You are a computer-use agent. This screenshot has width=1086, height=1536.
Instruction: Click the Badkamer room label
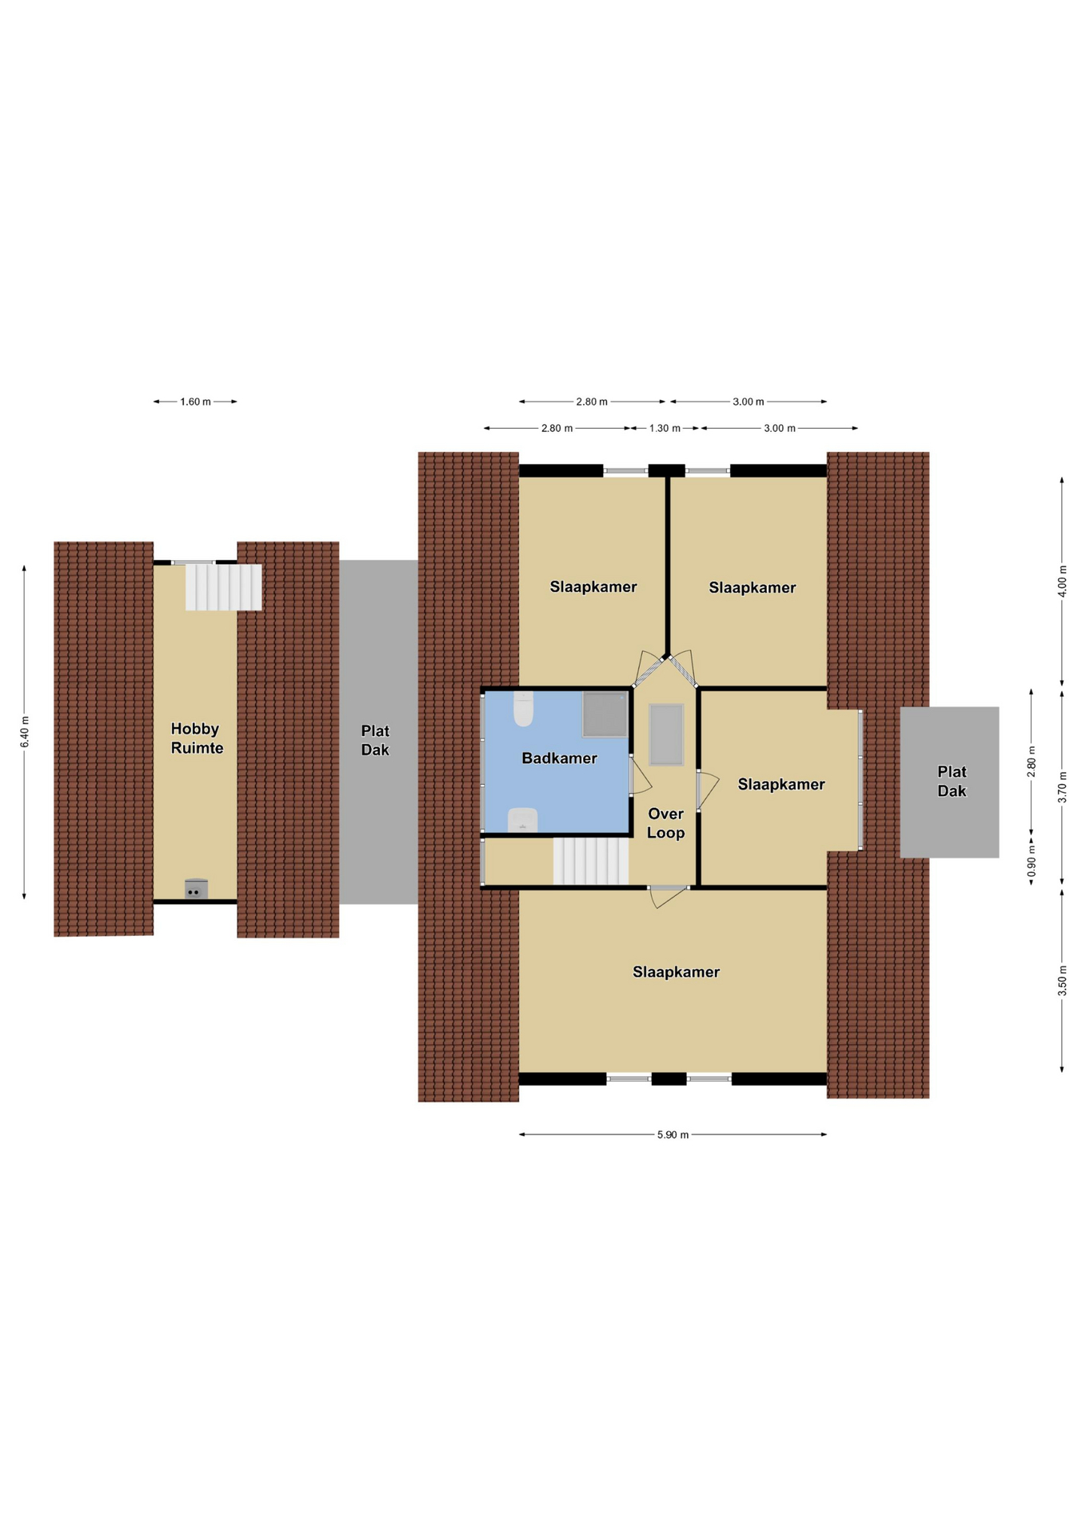pyautogui.click(x=559, y=758)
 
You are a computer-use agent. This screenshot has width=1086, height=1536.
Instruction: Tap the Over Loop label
pyautogui.click(x=665, y=823)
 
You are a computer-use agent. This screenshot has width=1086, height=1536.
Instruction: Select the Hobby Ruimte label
pyautogui.click(x=197, y=738)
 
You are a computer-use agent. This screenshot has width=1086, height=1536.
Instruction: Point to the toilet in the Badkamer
pyautogui.click(x=523, y=709)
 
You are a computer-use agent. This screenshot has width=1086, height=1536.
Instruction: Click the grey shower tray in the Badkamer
pyautogui.click(x=605, y=714)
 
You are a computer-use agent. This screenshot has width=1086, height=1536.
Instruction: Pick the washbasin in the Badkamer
pyautogui.click(x=522, y=820)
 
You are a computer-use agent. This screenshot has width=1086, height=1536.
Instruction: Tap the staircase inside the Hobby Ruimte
pyautogui.click(x=223, y=587)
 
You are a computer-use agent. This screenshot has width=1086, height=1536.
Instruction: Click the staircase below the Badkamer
pyautogui.click(x=591, y=861)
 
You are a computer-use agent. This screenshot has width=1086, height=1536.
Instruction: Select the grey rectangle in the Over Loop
pyautogui.click(x=666, y=734)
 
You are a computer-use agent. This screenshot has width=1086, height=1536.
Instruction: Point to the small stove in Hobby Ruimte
pyautogui.click(x=196, y=889)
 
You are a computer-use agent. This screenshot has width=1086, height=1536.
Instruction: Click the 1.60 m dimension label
pyautogui.click(x=195, y=402)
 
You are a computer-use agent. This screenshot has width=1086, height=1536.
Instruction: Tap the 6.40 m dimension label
pyautogui.click(x=25, y=732)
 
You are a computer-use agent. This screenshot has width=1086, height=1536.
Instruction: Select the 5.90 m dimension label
pyautogui.click(x=673, y=1134)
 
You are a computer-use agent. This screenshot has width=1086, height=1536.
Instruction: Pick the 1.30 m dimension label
pyautogui.click(x=665, y=428)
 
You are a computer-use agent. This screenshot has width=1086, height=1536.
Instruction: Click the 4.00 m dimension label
pyautogui.click(x=1062, y=581)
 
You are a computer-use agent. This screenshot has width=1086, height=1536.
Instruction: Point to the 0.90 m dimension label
pyautogui.click(x=1031, y=864)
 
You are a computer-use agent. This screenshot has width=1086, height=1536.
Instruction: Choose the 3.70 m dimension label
pyautogui.click(x=1062, y=787)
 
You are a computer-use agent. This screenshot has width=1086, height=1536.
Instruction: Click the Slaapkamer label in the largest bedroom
pyautogui.click(x=676, y=972)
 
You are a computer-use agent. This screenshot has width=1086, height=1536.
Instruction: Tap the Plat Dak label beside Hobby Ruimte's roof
pyautogui.click(x=375, y=740)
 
